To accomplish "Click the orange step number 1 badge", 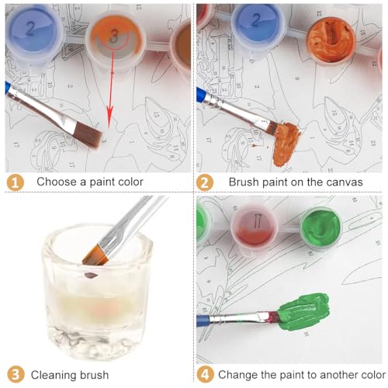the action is click(16, 182).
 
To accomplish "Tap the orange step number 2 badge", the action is click(205, 182).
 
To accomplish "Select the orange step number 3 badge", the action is click(16, 375).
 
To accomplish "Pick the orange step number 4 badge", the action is click(205, 374).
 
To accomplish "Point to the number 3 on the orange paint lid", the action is click(114, 36).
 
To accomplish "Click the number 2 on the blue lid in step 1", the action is click(30, 28).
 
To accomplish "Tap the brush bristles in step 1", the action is click(88, 135).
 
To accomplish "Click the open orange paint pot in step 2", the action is click(331, 40).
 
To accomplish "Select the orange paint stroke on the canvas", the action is click(286, 145).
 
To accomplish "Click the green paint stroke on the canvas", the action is click(305, 312).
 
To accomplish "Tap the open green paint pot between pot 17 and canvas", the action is click(321, 227).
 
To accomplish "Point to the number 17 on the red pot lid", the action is click(258, 220).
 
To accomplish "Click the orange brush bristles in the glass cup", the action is click(95, 255).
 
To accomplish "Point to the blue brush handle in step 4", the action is click(204, 321).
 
